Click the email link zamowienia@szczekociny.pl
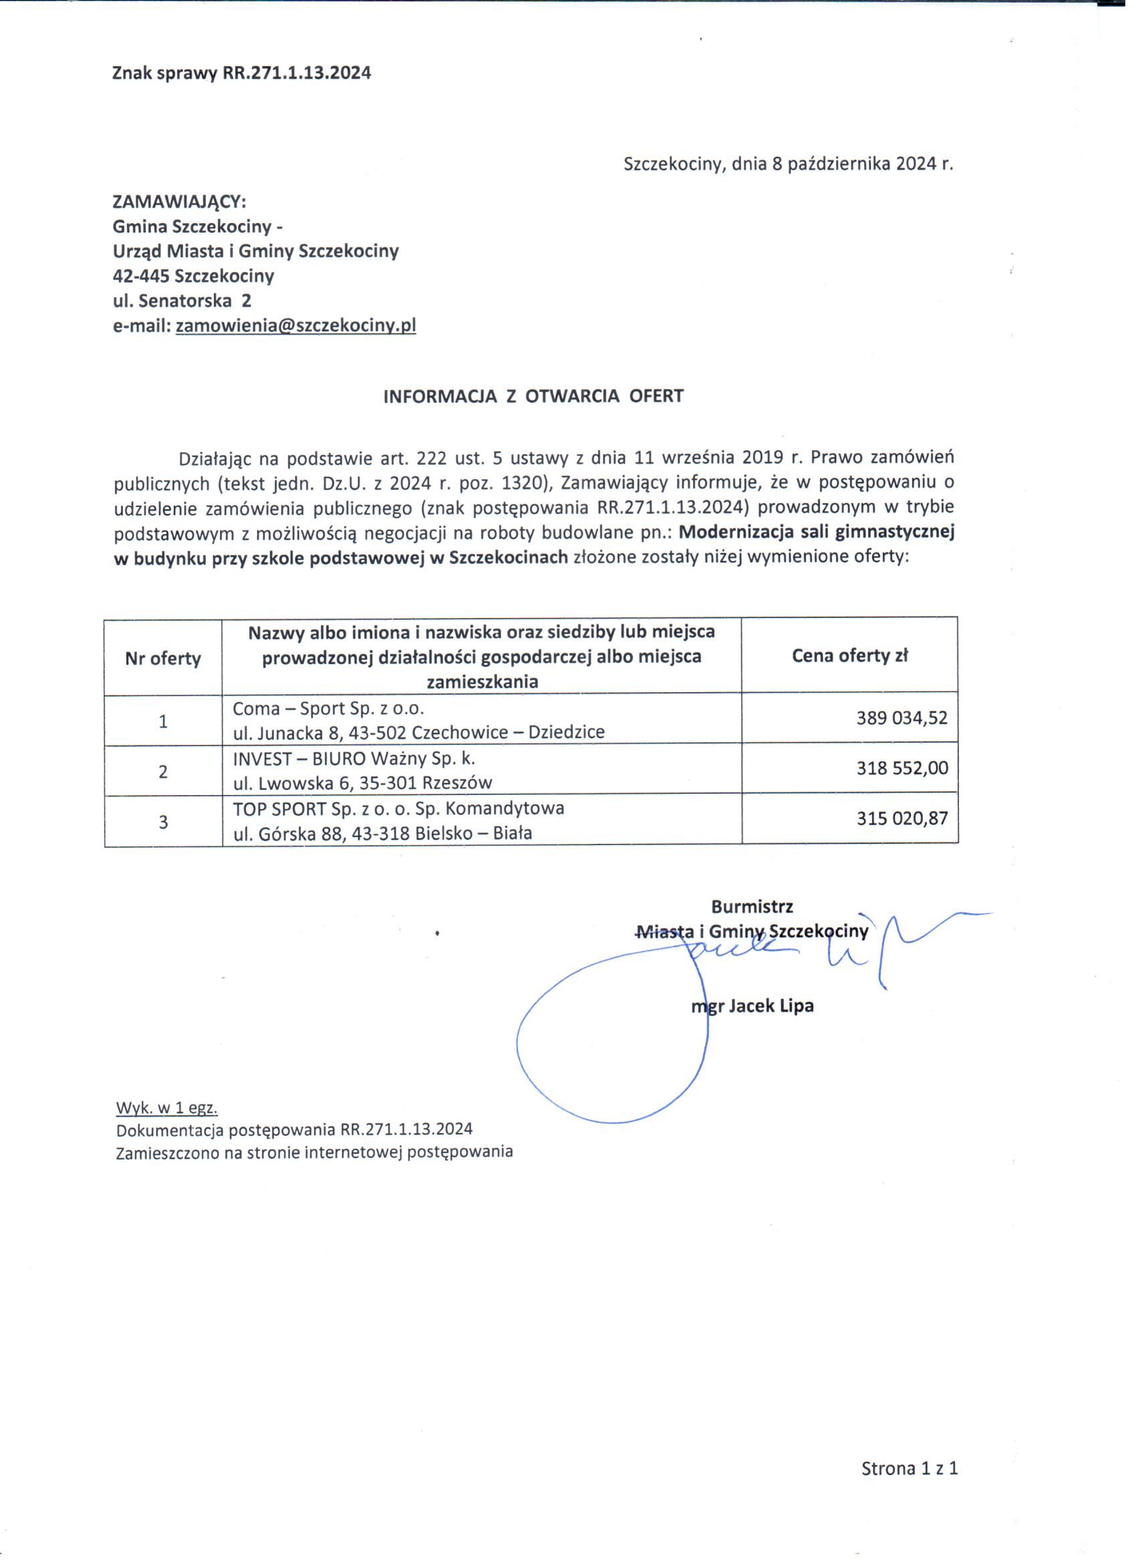tap(295, 326)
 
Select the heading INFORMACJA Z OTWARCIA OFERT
tap(533, 396)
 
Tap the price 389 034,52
tap(901, 718)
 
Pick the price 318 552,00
tap(901, 768)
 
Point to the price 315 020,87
tap(901, 818)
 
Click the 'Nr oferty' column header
tap(162, 659)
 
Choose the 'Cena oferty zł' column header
tap(849, 655)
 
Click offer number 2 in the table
tap(163, 772)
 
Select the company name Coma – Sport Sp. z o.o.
tap(330, 709)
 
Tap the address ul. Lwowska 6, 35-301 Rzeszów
tap(362, 783)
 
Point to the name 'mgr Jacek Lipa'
tap(752, 1006)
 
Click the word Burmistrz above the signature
tap(752, 907)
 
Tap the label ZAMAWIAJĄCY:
tap(179, 202)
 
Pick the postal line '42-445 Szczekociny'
tap(193, 276)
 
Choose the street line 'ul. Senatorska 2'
tap(182, 301)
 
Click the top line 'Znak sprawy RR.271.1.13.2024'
tap(241, 73)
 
